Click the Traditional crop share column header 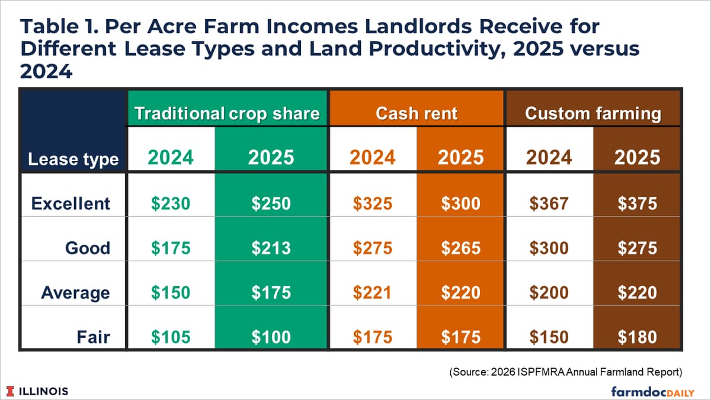(227, 113)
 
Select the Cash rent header (417, 113)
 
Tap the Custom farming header (592, 113)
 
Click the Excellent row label (71, 203)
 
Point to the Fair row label (94, 337)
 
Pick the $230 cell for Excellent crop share (171, 203)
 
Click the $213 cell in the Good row (271, 248)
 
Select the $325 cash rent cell (373, 203)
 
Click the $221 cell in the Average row (373, 292)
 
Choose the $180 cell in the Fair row (637, 337)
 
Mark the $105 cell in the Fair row (171, 337)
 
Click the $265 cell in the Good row (460, 248)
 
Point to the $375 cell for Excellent (637, 203)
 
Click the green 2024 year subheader (171, 157)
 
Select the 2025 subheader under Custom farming (637, 157)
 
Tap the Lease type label (73, 159)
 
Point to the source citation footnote (566, 372)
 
